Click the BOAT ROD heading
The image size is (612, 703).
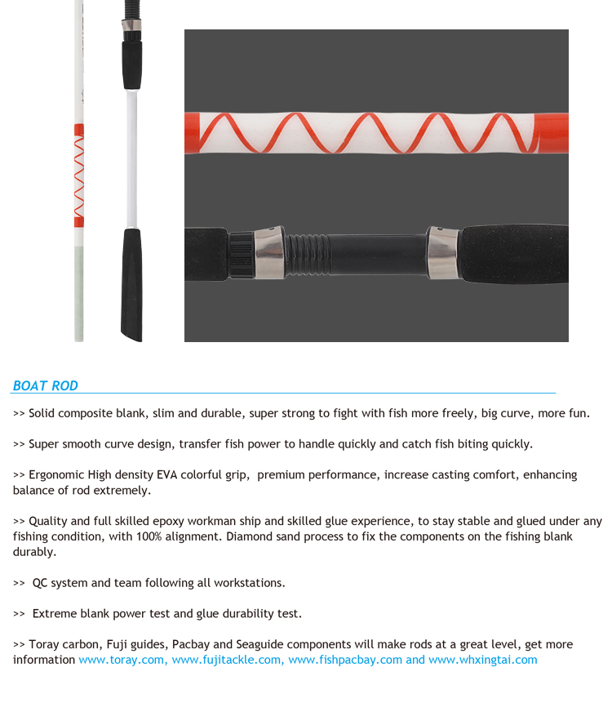tap(46, 386)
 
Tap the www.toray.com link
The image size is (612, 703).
tap(122, 660)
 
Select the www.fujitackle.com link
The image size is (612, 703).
tap(228, 660)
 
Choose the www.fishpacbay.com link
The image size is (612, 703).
tap(345, 660)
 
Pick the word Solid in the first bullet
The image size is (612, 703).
tap(42, 413)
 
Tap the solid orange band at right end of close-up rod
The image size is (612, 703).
tap(554, 132)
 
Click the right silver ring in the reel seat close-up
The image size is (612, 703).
tap(442, 252)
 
